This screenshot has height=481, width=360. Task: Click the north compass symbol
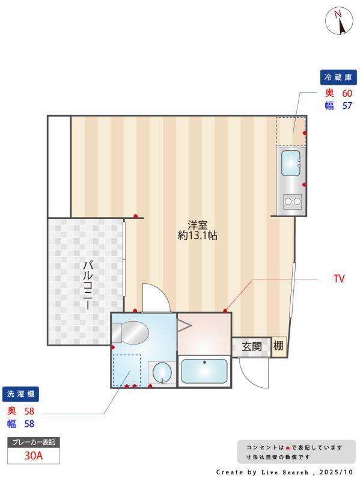coord(339,22)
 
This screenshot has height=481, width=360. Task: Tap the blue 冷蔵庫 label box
coord(338,77)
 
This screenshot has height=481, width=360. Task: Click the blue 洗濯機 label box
coord(21,394)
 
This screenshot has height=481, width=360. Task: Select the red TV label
coord(339,279)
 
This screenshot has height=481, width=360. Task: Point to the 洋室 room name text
coord(197,225)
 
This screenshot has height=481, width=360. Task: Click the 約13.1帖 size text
coord(197,236)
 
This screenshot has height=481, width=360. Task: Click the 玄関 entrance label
coord(251,346)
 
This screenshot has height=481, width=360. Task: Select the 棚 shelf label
coord(279,346)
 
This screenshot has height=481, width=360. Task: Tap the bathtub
coord(204,372)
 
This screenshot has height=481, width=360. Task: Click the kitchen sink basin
coord(291,162)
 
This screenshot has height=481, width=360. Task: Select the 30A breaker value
coord(34,455)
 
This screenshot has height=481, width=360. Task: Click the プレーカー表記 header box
coord(34,442)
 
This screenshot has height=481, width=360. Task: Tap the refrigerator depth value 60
coord(347,93)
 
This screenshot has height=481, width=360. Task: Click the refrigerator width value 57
coord(347,106)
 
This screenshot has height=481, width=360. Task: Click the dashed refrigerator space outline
coord(291,131)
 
